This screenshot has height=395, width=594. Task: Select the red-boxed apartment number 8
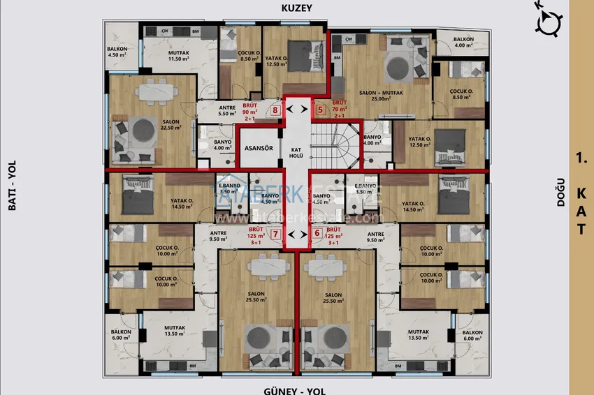276,110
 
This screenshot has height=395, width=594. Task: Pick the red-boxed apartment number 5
320,109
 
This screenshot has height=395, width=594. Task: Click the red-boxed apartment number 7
276,234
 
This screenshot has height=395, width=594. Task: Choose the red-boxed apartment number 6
317,234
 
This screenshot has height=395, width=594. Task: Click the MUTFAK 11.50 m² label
179,56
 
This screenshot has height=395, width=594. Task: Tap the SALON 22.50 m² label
171,124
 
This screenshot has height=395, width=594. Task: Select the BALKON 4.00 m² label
463,43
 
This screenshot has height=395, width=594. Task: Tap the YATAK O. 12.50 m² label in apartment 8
276,61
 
